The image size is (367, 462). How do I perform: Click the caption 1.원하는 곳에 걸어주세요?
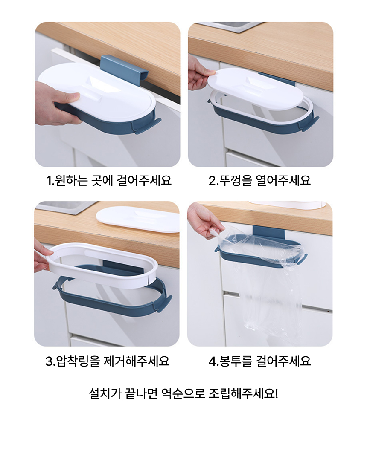coord(108,180)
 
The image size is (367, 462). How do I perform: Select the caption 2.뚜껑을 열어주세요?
coord(259,180)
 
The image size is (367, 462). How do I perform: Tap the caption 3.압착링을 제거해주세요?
coord(108,361)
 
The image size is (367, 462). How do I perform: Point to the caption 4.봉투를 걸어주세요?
coord(259,361)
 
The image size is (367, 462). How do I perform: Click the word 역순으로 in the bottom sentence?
coord(183,393)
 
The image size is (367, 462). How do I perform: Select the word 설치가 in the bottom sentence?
coord(105,393)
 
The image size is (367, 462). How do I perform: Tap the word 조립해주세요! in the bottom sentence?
coord(243,393)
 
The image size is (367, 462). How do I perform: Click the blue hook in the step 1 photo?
coord(124,70)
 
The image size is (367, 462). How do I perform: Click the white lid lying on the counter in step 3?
coord(138,219)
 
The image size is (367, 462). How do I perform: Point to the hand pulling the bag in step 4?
coord(205,219)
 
